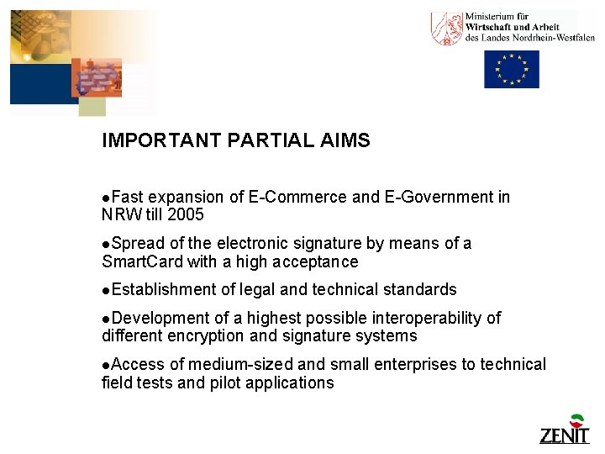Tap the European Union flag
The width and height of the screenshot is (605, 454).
point(511,69)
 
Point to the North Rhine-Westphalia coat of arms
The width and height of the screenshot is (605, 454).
point(446,29)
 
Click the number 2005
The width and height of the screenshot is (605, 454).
point(186,214)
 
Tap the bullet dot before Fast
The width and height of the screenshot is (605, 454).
point(105,198)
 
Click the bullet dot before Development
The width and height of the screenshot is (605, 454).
point(105,319)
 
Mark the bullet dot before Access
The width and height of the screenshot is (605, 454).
point(105,366)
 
